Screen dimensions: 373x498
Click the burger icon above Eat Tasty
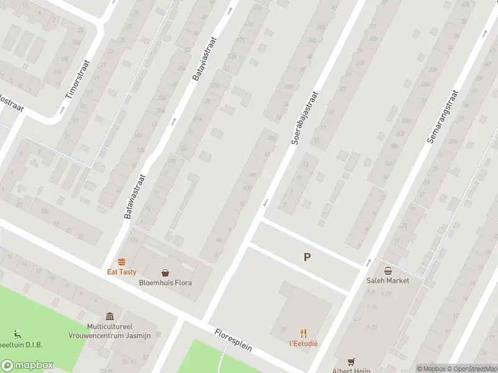pos(121,262)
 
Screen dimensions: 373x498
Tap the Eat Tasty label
pos(121,272)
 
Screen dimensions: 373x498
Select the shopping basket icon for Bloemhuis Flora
pos(166,272)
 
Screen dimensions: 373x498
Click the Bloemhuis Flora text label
pos(166,283)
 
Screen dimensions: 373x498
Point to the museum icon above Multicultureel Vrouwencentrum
pos(110,316)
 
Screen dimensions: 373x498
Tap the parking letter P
pos(306,257)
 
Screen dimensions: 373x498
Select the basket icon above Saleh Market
pos(388,270)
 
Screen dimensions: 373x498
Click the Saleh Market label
pos(388,280)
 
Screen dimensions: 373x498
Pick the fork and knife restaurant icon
pos(303,333)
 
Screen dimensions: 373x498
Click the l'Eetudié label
pos(303,343)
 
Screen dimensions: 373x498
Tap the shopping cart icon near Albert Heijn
pos(351,361)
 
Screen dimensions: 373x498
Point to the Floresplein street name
pos(233,339)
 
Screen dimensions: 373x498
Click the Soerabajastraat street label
pos(304,118)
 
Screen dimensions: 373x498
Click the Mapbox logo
pos(27,366)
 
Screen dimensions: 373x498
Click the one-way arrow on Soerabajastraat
pos(265,202)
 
